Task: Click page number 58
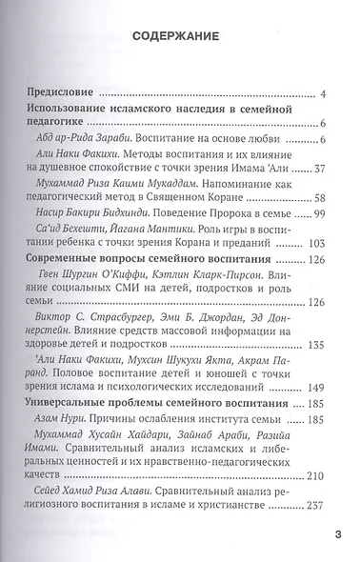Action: [x=320, y=206]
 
